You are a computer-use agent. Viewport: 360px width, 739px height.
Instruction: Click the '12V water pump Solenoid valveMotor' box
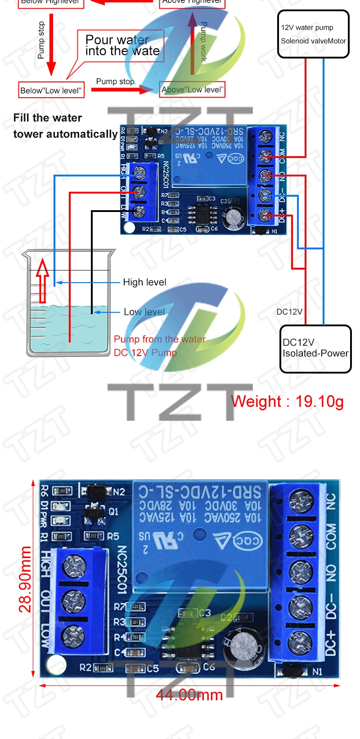click(313, 34)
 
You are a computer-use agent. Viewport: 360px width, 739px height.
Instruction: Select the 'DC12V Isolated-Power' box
click(315, 349)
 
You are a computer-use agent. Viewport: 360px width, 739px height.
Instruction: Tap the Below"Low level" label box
click(51, 90)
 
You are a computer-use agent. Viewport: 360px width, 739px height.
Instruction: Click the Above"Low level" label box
click(192, 89)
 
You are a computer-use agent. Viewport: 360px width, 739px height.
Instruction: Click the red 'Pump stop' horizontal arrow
click(121, 89)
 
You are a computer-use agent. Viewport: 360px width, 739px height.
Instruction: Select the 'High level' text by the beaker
click(144, 282)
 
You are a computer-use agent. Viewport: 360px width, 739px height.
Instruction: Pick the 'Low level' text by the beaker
click(144, 312)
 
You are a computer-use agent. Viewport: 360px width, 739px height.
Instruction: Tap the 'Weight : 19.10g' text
click(287, 401)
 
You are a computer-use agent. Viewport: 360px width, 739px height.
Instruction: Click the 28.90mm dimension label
click(25, 579)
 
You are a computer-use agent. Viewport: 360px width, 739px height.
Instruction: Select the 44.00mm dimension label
click(189, 695)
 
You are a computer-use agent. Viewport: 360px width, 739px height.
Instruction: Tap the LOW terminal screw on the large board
click(73, 635)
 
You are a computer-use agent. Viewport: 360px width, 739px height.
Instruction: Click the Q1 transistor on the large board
click(95, 512)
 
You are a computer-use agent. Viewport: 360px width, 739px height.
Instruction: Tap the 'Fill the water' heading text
click(48, 118)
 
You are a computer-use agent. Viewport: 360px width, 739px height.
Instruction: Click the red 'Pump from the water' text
click(159, 339)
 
